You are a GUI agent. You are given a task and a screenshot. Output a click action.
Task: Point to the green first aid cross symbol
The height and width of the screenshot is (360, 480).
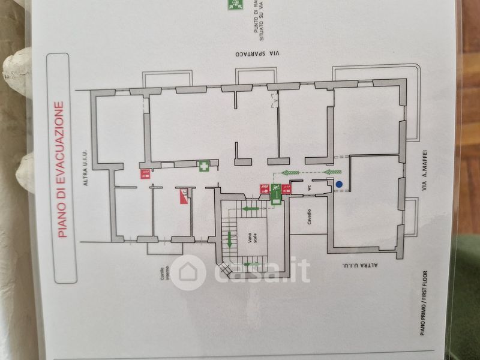pos(204,166)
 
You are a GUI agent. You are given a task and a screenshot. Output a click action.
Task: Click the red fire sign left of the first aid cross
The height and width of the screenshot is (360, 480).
pos(145,175)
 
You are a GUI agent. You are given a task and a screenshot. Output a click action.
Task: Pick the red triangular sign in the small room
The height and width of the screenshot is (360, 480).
pos(183,196)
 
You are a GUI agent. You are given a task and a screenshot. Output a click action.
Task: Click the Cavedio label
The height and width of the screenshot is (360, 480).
pos(309,217)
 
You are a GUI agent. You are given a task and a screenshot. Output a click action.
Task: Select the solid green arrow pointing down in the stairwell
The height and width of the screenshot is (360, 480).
pos(230,240)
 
